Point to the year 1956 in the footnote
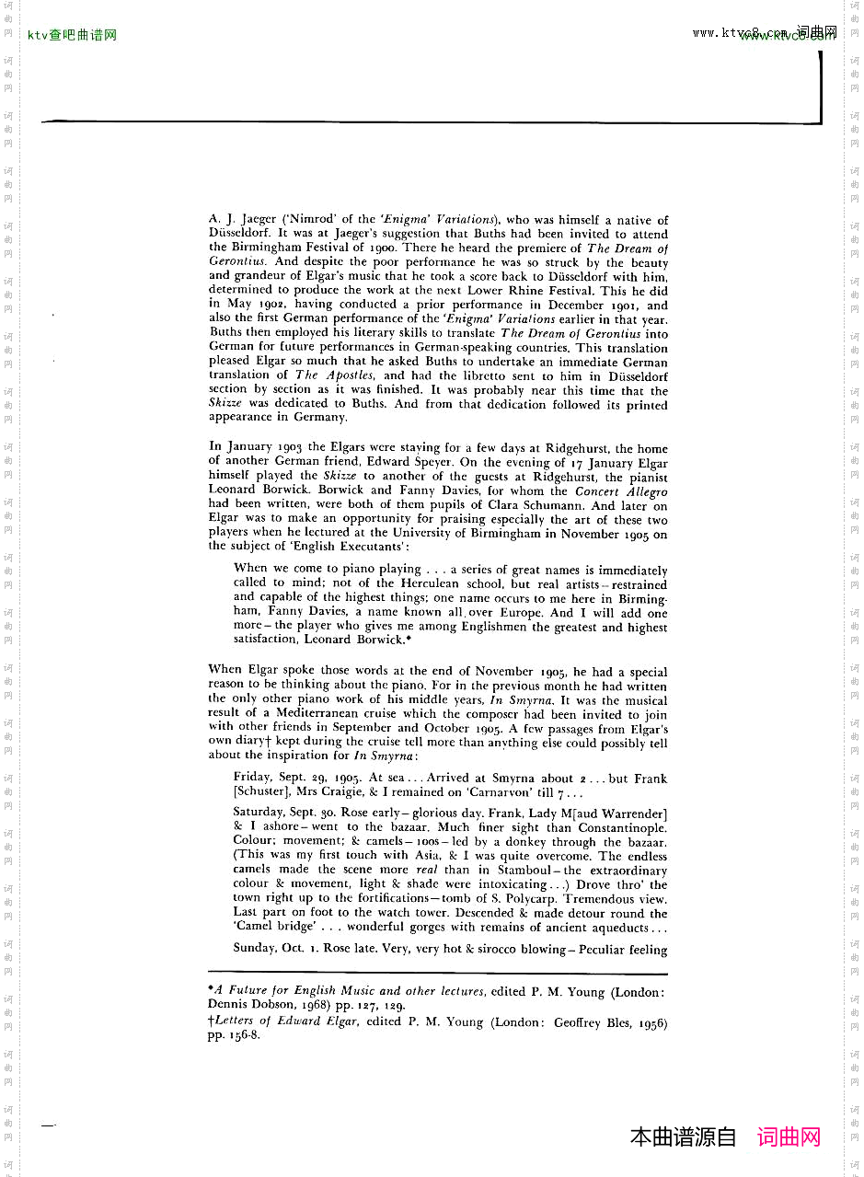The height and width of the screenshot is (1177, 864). coord(648,1022)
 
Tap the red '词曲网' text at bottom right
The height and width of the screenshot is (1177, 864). coord(789,1137)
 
